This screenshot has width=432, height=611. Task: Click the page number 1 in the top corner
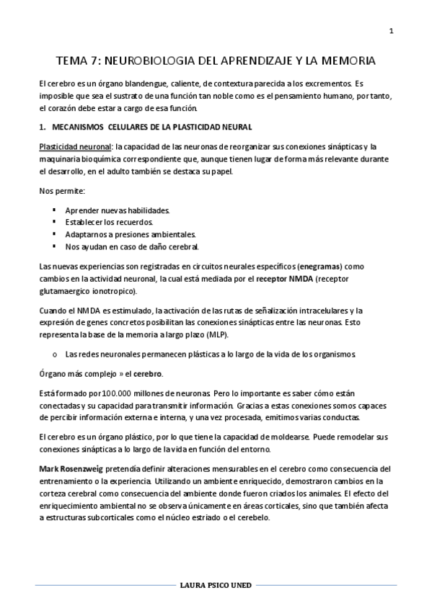pos(391,30)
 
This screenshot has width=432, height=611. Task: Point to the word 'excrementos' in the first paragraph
pos(323,85)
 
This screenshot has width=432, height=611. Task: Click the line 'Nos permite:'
pos(61,191)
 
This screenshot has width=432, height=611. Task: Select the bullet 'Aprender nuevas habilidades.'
pos(117,210)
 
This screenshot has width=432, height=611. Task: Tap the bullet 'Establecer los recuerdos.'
pos(109,222)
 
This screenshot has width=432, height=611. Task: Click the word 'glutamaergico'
pos(68,290)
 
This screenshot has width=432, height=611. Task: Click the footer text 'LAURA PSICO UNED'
pos(216,586)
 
